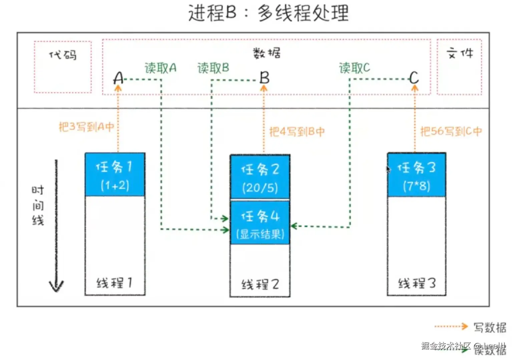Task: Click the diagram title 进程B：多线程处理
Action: coord(268,13)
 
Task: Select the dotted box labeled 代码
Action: coord(63,67)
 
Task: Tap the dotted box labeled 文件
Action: coord(459,67)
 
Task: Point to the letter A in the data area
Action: coord(118,78)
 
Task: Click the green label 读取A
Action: coord(160,68)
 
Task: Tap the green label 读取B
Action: coord(213,68)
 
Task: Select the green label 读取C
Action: coord(354,68)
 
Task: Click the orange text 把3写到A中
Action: coord(86,127)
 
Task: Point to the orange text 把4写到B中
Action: coord(297,131)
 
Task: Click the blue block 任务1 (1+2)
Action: coord(115,174)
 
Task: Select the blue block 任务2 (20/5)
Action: coord(260,177)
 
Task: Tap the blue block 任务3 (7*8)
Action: coord(416,175)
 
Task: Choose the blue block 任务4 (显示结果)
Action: coord(260,223)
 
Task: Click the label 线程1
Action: coord(114,283)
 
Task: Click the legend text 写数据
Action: coord(490,327)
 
